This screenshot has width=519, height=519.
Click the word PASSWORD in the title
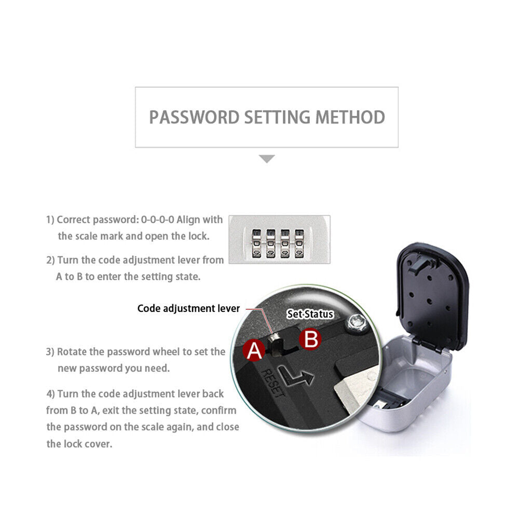point(194,117)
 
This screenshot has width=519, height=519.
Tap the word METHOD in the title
point(350,117)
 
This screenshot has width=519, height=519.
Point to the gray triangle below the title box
point(267,159)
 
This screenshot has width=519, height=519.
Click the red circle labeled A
point(254,350)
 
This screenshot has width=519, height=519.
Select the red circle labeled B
point(310,339)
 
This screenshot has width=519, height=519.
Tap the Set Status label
point(310,314)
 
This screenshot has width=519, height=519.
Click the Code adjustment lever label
point(188,308)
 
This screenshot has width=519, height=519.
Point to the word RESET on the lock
point(273,383)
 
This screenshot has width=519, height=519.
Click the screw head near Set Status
point(357,322)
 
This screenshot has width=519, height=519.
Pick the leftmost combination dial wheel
point(256,243)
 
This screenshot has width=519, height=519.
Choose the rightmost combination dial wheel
point(299,243)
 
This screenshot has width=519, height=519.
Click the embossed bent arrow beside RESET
point(295,376)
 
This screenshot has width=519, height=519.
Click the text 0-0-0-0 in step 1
point(158,220)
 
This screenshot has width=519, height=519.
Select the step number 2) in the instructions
point(50,260)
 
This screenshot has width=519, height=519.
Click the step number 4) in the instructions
point(51,394)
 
